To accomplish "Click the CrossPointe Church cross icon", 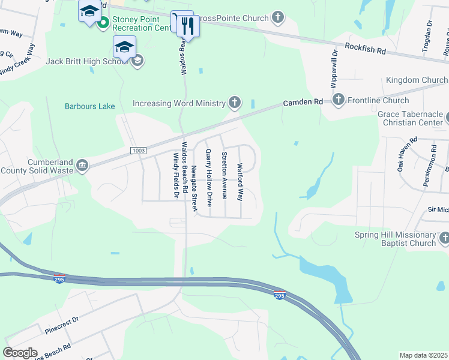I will [x=277, y=18].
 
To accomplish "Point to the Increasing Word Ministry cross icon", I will [x=235, y=103].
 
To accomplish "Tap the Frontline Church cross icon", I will [x=339, y=100].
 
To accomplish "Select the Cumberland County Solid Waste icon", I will [x=83, y=165].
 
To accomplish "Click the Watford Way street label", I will [x=240, y=182].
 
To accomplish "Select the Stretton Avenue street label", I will [x=224, y=175].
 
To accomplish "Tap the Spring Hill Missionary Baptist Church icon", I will [x=444, y=239].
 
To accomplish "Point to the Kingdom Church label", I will [x=417, y=80].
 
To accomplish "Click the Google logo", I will [x=20, y=353].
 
